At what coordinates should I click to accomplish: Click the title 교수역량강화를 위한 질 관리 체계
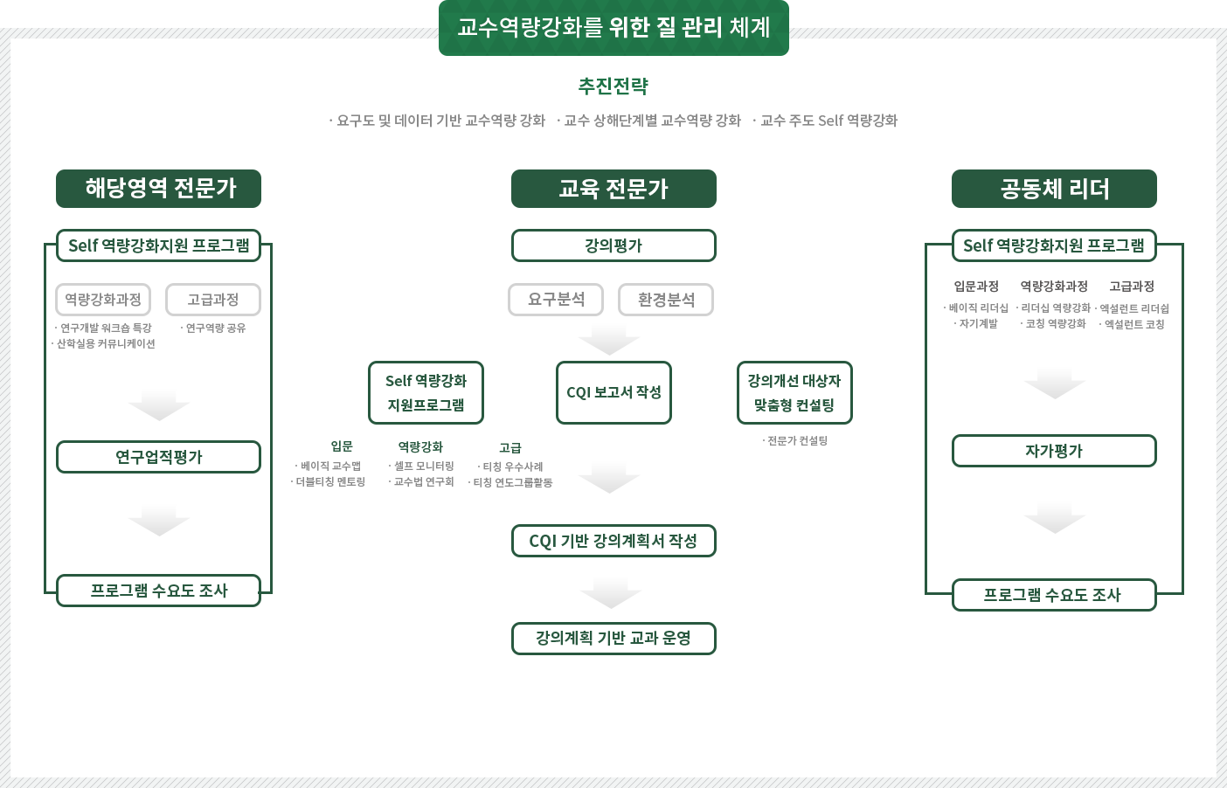[x=613, y=28]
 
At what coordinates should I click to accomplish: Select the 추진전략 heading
[x=613, y=86]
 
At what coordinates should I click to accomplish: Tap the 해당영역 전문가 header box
[x=159, y=189]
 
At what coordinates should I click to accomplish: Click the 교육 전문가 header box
[x=613, y=189]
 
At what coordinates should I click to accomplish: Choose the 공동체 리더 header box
[x=1054, y=189]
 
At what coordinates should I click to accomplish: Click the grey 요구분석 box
[x=556, y=299]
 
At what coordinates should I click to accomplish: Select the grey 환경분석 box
[x=666, y=300]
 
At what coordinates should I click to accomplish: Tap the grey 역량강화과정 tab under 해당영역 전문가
[x=103, y=300]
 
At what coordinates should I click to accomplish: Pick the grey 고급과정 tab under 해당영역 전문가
[x=212, y=300]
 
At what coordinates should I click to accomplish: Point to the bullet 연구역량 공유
[x=214, y=328]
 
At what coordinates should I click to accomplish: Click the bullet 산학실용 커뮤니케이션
[x=106, y=343]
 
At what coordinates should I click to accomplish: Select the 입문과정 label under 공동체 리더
[x=975, y=287]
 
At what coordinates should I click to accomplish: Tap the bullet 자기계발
[x=978, y=323]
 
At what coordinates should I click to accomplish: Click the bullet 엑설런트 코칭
[x=1133, y=324]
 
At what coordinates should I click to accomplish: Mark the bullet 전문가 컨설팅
[x=796, y=440]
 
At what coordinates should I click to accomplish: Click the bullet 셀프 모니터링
[x=423, y=466]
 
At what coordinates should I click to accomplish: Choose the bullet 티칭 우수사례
[x=512, y=467]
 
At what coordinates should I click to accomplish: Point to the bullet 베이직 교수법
[x=330, y=466]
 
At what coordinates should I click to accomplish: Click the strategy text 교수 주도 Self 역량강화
[x=827, y=120]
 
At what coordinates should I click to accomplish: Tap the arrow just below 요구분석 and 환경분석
[x=608, y=337]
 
